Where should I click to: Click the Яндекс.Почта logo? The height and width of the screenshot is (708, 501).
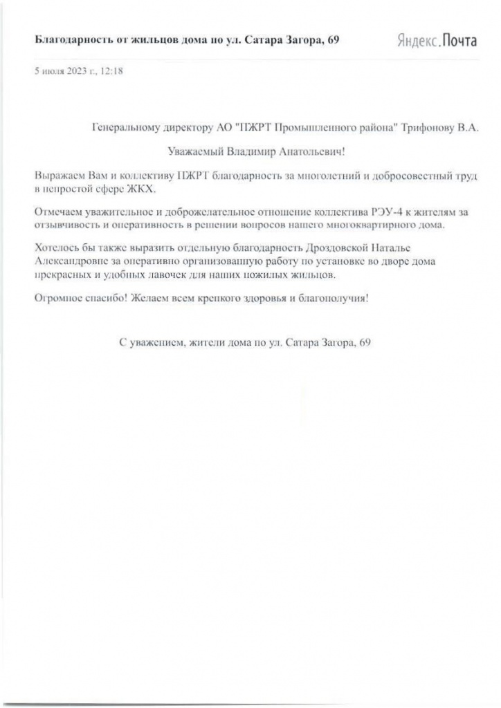(x=437, y=41)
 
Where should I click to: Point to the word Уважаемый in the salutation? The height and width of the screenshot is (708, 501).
(x=196, y=150)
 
